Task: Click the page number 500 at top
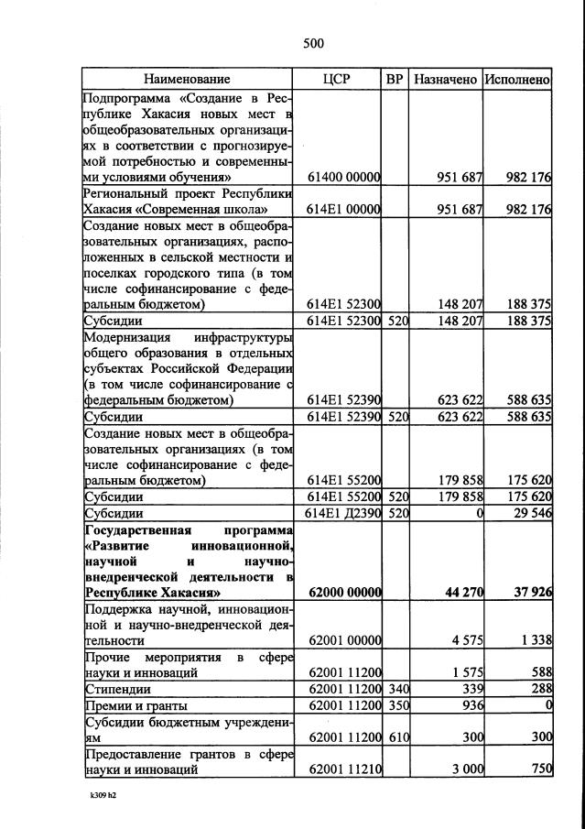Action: coord(313,43)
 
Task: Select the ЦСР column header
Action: coord(337,80)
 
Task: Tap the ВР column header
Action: coord(395,80)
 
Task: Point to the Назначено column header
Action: coord(445,80)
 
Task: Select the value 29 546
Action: coord(528,514)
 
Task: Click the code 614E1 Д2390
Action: coord(341,514)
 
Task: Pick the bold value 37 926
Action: coord(529,593)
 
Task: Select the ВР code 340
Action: coord(395,689)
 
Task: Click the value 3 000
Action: coord(467,769)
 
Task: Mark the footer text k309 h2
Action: coord(103,796)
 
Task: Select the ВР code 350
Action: coord(395,706)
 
